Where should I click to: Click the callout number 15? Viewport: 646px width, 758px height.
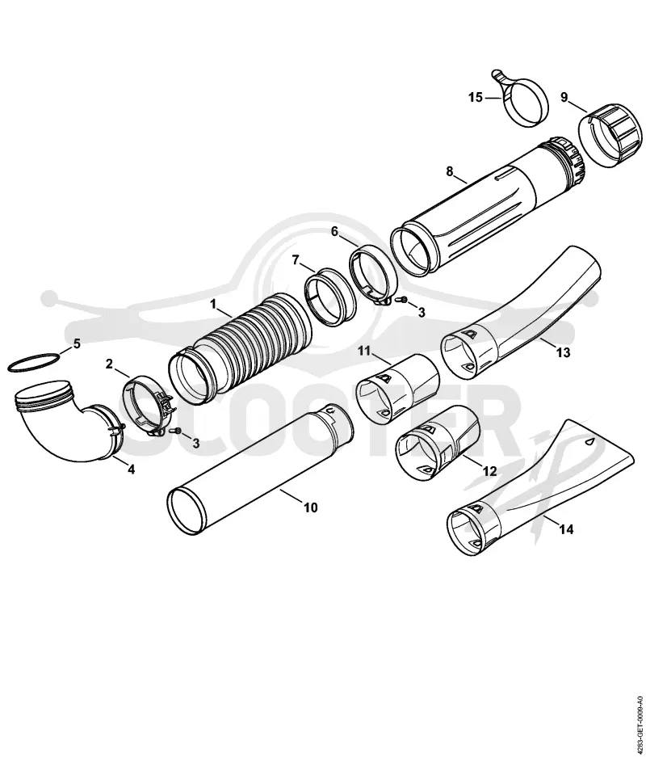coord(476,98)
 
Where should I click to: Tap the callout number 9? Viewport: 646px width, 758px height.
coord(564,97)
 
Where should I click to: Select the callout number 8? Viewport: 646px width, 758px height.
coord(449,171)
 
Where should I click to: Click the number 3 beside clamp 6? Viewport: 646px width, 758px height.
coord(422,312)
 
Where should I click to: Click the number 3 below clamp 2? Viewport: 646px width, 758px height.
coord(195,443)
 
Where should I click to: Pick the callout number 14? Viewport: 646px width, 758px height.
coord(566,529)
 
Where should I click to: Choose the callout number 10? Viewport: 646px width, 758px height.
coord(311,507)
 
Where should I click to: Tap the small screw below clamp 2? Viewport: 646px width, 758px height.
coord(176,431)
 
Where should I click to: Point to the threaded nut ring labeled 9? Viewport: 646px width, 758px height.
coord(607,136)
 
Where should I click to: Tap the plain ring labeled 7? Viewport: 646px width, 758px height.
coord(330,296)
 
